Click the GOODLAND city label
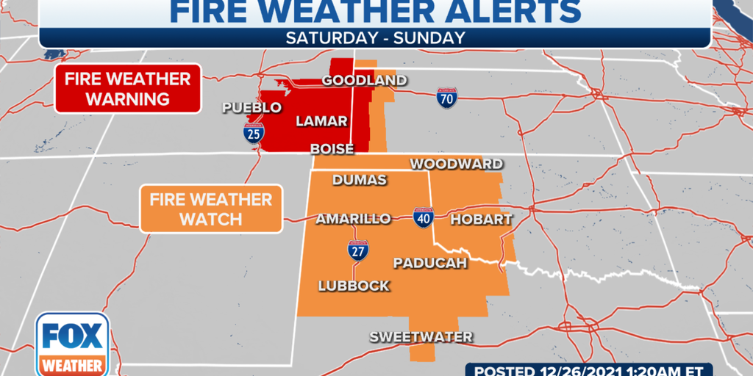click(x=365, y=80)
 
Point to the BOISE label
click(x=332, y=148)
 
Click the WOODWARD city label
click(x=456, y=164)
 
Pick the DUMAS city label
click(x=360, y=180)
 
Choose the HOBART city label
click(x=481, y=219)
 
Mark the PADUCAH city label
click(x=430, y=262)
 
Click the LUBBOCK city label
click(x=354, y=286)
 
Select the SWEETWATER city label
click(x=421, y=337)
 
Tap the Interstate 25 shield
click(x=254, y=133)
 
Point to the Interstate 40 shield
click(x=423, y=218)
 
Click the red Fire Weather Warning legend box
click(x=128, y=89)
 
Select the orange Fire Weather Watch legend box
click(x=211, y=209)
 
